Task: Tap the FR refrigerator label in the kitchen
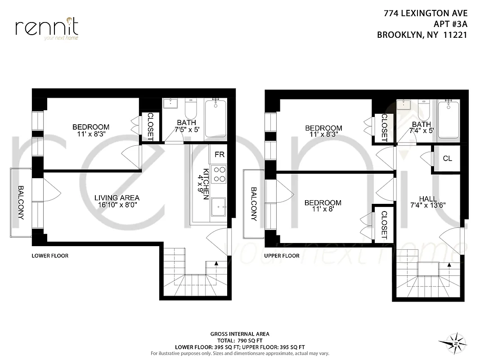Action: pyautogui.click(x=220, y=154)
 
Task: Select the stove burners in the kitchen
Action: pyautogui.click(x=219, y=174)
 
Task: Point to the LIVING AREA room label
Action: pyautogui.click(x=117, y=198)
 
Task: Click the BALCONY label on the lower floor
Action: pyautogui.click(x=20, y=202)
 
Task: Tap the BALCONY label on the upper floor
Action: pyautogui.click(x=254, y=204)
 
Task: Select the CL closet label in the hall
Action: pyautogui.click(x=447, y=158)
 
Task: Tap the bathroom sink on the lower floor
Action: pyautogui.click(x=171, y=103)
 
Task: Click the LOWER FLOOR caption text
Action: pyautogui.click(x=50, y=256)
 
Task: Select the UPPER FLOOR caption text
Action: pyautogui.click(x=282, y=256)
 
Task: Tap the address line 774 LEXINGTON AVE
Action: pyautogui.click(x=426, y=14)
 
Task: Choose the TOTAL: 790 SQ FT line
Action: pyautogui.click(x=240, y=341)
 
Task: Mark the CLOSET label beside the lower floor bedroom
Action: pyautogui.click(x=150, y=126)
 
